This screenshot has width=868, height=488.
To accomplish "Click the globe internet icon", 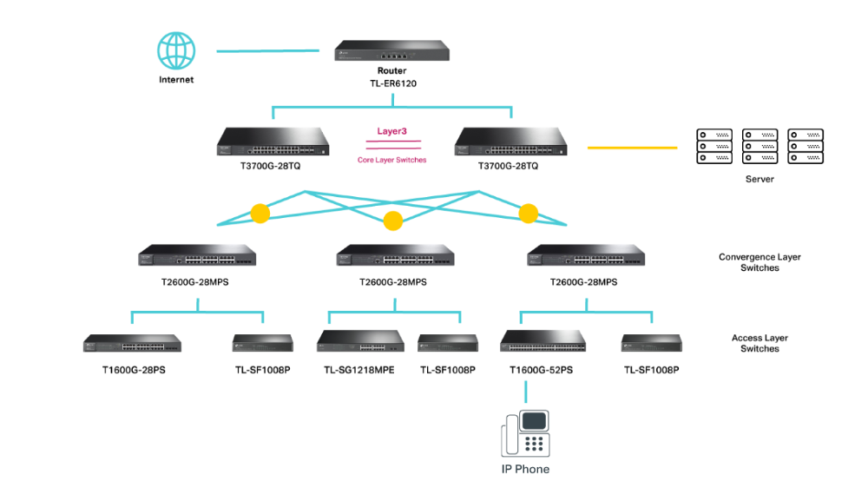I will pos(176,50).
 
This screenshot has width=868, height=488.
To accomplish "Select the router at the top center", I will pos(392,50).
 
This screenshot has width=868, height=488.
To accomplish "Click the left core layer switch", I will pos(273,142).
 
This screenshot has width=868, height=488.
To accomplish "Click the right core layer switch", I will pos(510,142).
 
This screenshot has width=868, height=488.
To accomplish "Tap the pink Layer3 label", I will pos(392,131).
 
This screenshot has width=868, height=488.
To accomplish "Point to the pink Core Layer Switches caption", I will pos(392,160).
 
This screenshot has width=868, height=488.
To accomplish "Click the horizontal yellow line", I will pos(632,148).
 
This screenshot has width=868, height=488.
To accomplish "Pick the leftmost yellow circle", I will pos(260,214).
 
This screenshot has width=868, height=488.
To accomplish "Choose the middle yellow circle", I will pos(393,221).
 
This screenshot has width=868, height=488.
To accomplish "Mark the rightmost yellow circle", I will pos(529,214).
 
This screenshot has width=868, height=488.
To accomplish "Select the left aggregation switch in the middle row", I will pos(198,255).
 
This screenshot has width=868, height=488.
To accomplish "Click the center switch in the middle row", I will pos(396,255).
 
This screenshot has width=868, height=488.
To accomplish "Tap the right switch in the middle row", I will pos(587,255).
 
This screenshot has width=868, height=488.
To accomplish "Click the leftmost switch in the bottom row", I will pos(132,344).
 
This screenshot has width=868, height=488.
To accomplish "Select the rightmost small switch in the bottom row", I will pos(652,344).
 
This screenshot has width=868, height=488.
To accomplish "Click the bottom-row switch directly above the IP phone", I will pos(543,341).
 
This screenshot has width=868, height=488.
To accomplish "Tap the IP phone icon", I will pos(525,433).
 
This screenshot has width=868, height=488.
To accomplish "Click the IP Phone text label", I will pos(525,470).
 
